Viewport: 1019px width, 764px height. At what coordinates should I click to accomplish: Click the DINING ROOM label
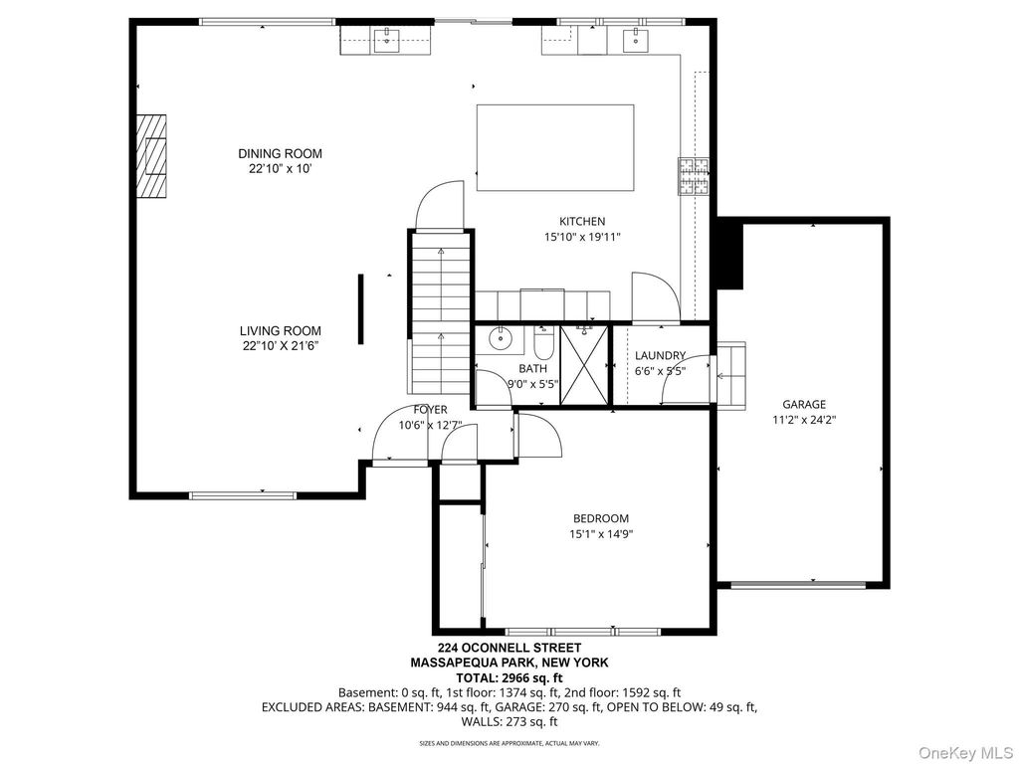(x=280, y=154)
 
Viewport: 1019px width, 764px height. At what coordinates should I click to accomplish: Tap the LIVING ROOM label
(x=280, y=330)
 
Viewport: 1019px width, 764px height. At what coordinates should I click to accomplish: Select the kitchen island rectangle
(x=555, y=147)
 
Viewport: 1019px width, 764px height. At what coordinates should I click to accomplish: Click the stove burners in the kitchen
(x=694, y=176)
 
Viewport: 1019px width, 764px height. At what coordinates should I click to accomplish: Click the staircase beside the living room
(x=440, y=312)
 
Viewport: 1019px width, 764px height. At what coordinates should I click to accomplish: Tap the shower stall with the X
(x=584, y=366)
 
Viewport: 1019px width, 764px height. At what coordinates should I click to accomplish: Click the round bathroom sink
(x=501, y=339)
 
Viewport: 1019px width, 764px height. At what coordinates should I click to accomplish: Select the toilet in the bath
(x=542, y=342)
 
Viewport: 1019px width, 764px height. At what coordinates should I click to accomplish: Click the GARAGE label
(x=804, y=404)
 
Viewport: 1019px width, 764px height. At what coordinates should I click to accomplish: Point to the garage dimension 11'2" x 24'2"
(x=804, y=420)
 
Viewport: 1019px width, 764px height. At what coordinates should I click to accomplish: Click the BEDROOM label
(x=601, y=518)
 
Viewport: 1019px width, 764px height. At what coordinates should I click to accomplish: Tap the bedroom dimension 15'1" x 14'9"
(x=601, y=534)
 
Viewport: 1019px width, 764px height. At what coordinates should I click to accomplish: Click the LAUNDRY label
(x=661, y=355)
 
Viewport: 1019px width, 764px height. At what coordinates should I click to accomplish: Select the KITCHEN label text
(x=582, y=222)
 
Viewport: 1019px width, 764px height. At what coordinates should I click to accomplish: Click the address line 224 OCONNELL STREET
(x=509, y=648)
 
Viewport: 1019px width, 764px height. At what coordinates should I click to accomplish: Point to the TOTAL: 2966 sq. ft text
(x=509, y=677)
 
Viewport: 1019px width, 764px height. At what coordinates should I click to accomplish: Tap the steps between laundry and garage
(x=731, y=375)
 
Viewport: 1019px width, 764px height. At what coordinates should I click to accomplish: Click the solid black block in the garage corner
(x=729, y=254)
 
